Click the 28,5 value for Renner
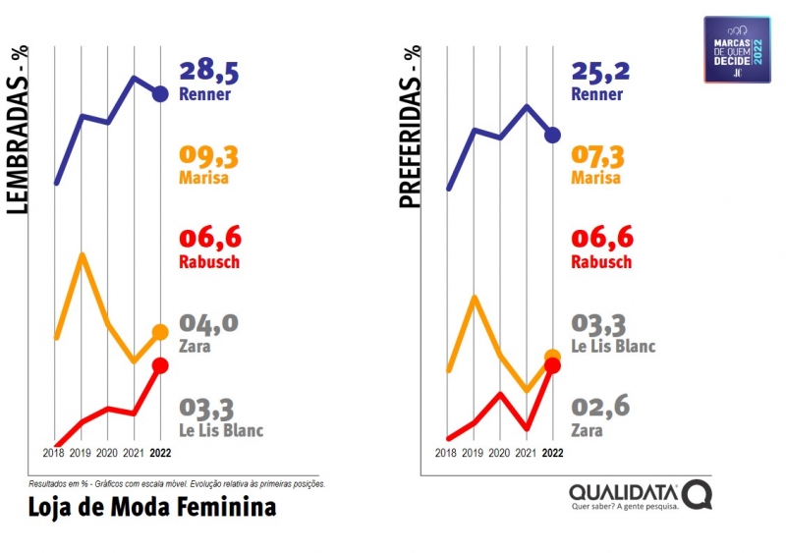(208, 71)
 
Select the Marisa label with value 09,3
(204, 179)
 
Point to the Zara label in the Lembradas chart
(196, 346)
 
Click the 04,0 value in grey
(208, 323)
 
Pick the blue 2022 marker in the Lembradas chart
(161, 94)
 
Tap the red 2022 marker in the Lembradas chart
(161, 365)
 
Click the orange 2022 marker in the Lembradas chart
(161, 333)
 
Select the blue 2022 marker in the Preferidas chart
(552, 135)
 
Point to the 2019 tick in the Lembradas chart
(82, 453)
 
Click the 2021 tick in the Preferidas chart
(527, 453)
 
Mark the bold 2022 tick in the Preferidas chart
(553, 453)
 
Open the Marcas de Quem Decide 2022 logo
(737, 50)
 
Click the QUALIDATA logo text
(626, 491)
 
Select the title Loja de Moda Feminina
(152, 507)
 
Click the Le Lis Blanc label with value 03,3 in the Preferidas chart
(613, 346)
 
